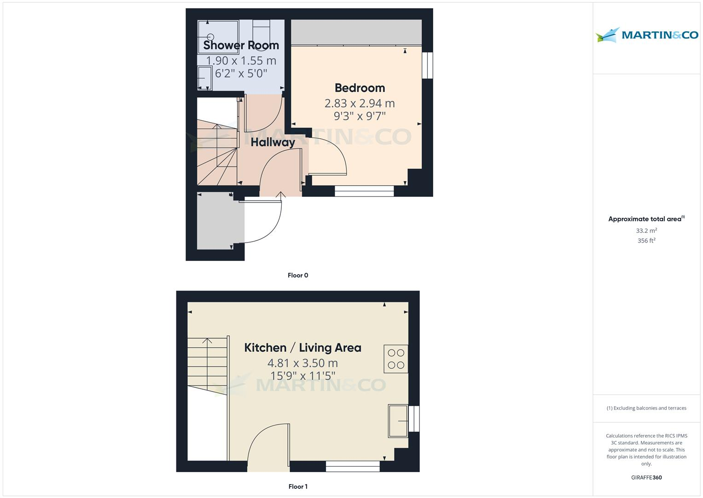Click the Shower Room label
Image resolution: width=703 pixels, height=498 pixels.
[x=241, y=45]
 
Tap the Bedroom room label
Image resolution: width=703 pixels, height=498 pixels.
[x=360, y=88]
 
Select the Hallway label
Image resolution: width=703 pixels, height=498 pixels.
[x=273, y=142]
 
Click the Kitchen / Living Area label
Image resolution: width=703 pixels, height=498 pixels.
[x=302, y=348]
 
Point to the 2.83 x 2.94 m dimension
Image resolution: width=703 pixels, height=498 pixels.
[x=360, y=103]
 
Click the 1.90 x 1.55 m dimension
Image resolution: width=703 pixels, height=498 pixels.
[x=241, y=60]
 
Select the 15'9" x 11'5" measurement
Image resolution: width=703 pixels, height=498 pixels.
[x=302, y=376]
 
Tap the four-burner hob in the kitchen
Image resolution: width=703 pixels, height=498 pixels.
[x=396, y=359]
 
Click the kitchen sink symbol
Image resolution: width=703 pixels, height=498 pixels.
[x=398, y=421]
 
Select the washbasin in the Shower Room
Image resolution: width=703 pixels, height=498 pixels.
[x=204, y=78]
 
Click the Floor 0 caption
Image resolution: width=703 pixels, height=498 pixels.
[x=298, y=275]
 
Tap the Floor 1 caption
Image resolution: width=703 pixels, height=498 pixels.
[x=298, y=486]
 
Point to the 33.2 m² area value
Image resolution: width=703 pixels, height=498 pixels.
[x=646, y=231]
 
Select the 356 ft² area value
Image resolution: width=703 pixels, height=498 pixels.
[x=646, y=241]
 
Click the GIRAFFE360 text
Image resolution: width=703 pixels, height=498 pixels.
[x=646, y=478]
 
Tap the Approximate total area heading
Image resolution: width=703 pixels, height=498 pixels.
[x=646, y=219]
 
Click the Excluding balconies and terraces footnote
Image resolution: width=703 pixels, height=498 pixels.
[x=646, y=408]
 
